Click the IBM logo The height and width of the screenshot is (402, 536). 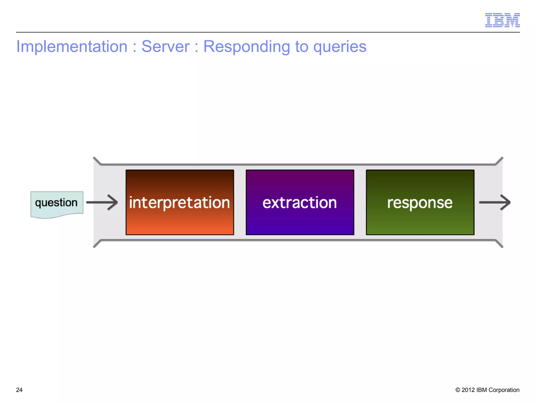[x=502, y=20]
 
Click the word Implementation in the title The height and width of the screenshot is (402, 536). [x=72, y=47]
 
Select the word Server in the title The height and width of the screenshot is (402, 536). [x=165, y=47]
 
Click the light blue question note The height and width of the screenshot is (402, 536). [x=57, y=203]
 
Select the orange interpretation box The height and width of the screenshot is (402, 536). [x=180, y=202]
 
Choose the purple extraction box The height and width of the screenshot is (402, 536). [x=300, y=202]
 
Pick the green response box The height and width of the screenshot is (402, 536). [x=420, y=202]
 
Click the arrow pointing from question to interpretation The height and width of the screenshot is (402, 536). [x=102, y=202]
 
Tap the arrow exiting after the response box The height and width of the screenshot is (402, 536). [x=495, y=202]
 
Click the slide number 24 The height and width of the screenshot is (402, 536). [x=19, y=390]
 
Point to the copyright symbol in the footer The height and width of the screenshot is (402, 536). [x=458, y=390]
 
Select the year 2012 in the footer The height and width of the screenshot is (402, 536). [x=468, y=390]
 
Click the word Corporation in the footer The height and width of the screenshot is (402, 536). [x=504, y=390]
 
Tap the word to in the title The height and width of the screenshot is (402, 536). [x=301, y=47]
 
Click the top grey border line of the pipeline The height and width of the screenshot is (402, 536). [x=298, y=164]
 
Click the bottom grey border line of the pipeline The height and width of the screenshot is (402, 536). [x=298, y=240]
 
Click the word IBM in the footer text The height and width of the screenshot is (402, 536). [x=482, y=390]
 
